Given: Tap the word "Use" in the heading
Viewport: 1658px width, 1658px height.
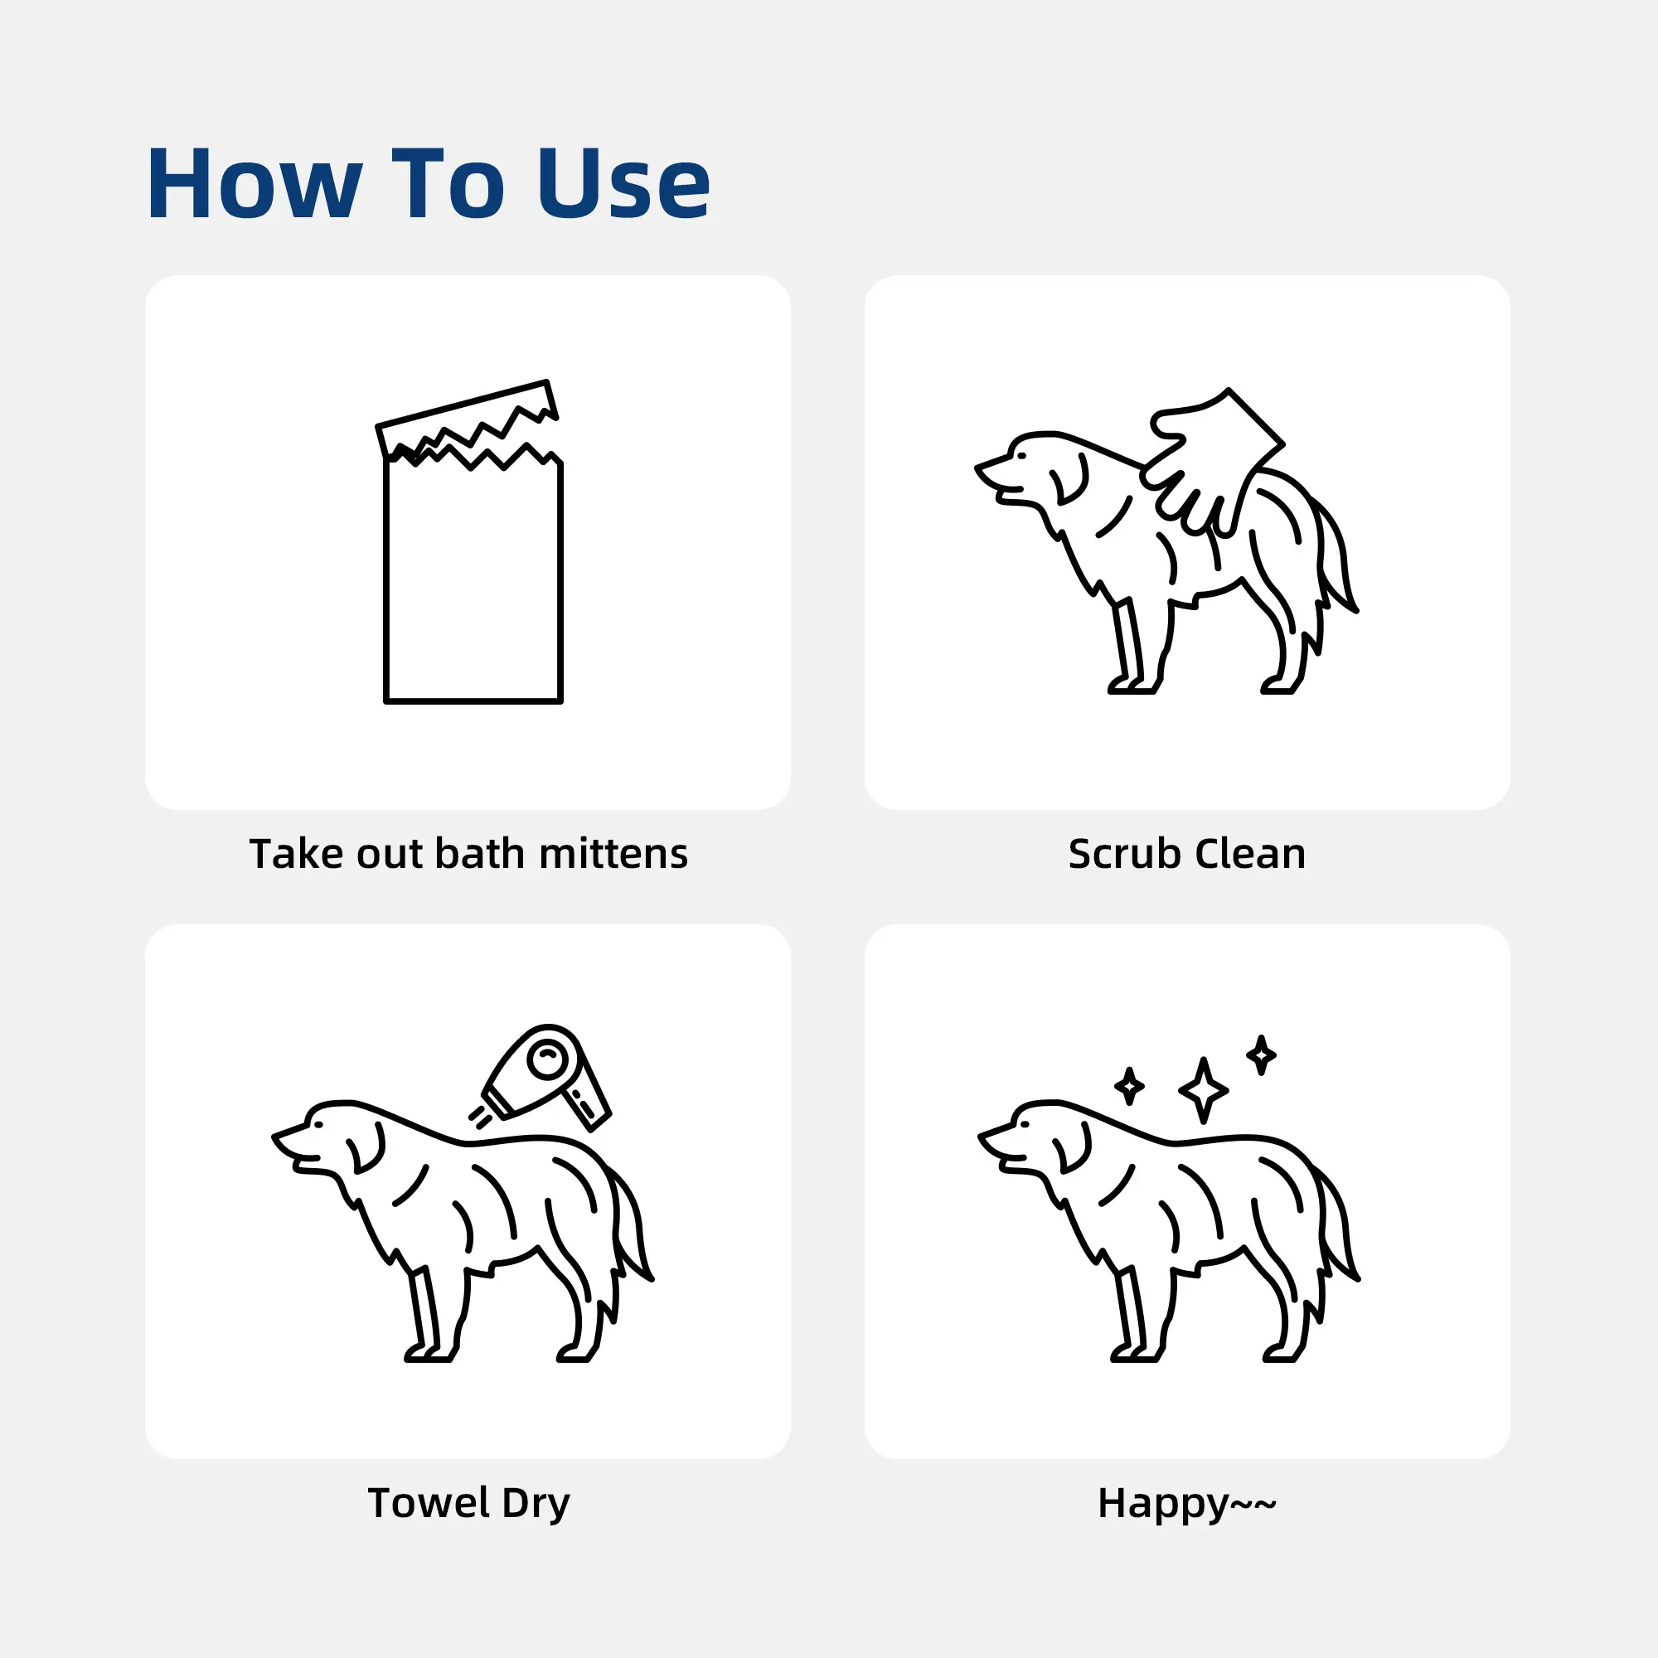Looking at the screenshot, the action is pos(624,184).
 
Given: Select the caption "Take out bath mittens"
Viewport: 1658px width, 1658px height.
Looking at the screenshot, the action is pos(468,854).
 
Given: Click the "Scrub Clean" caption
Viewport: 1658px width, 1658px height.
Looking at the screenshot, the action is pos(1187,854).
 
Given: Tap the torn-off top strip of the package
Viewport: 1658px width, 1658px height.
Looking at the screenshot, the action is pos(468,418).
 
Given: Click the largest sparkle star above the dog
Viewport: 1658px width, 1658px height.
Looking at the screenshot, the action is pos(1203,1090).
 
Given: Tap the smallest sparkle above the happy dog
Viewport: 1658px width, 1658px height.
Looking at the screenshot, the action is pos(1261,1054).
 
